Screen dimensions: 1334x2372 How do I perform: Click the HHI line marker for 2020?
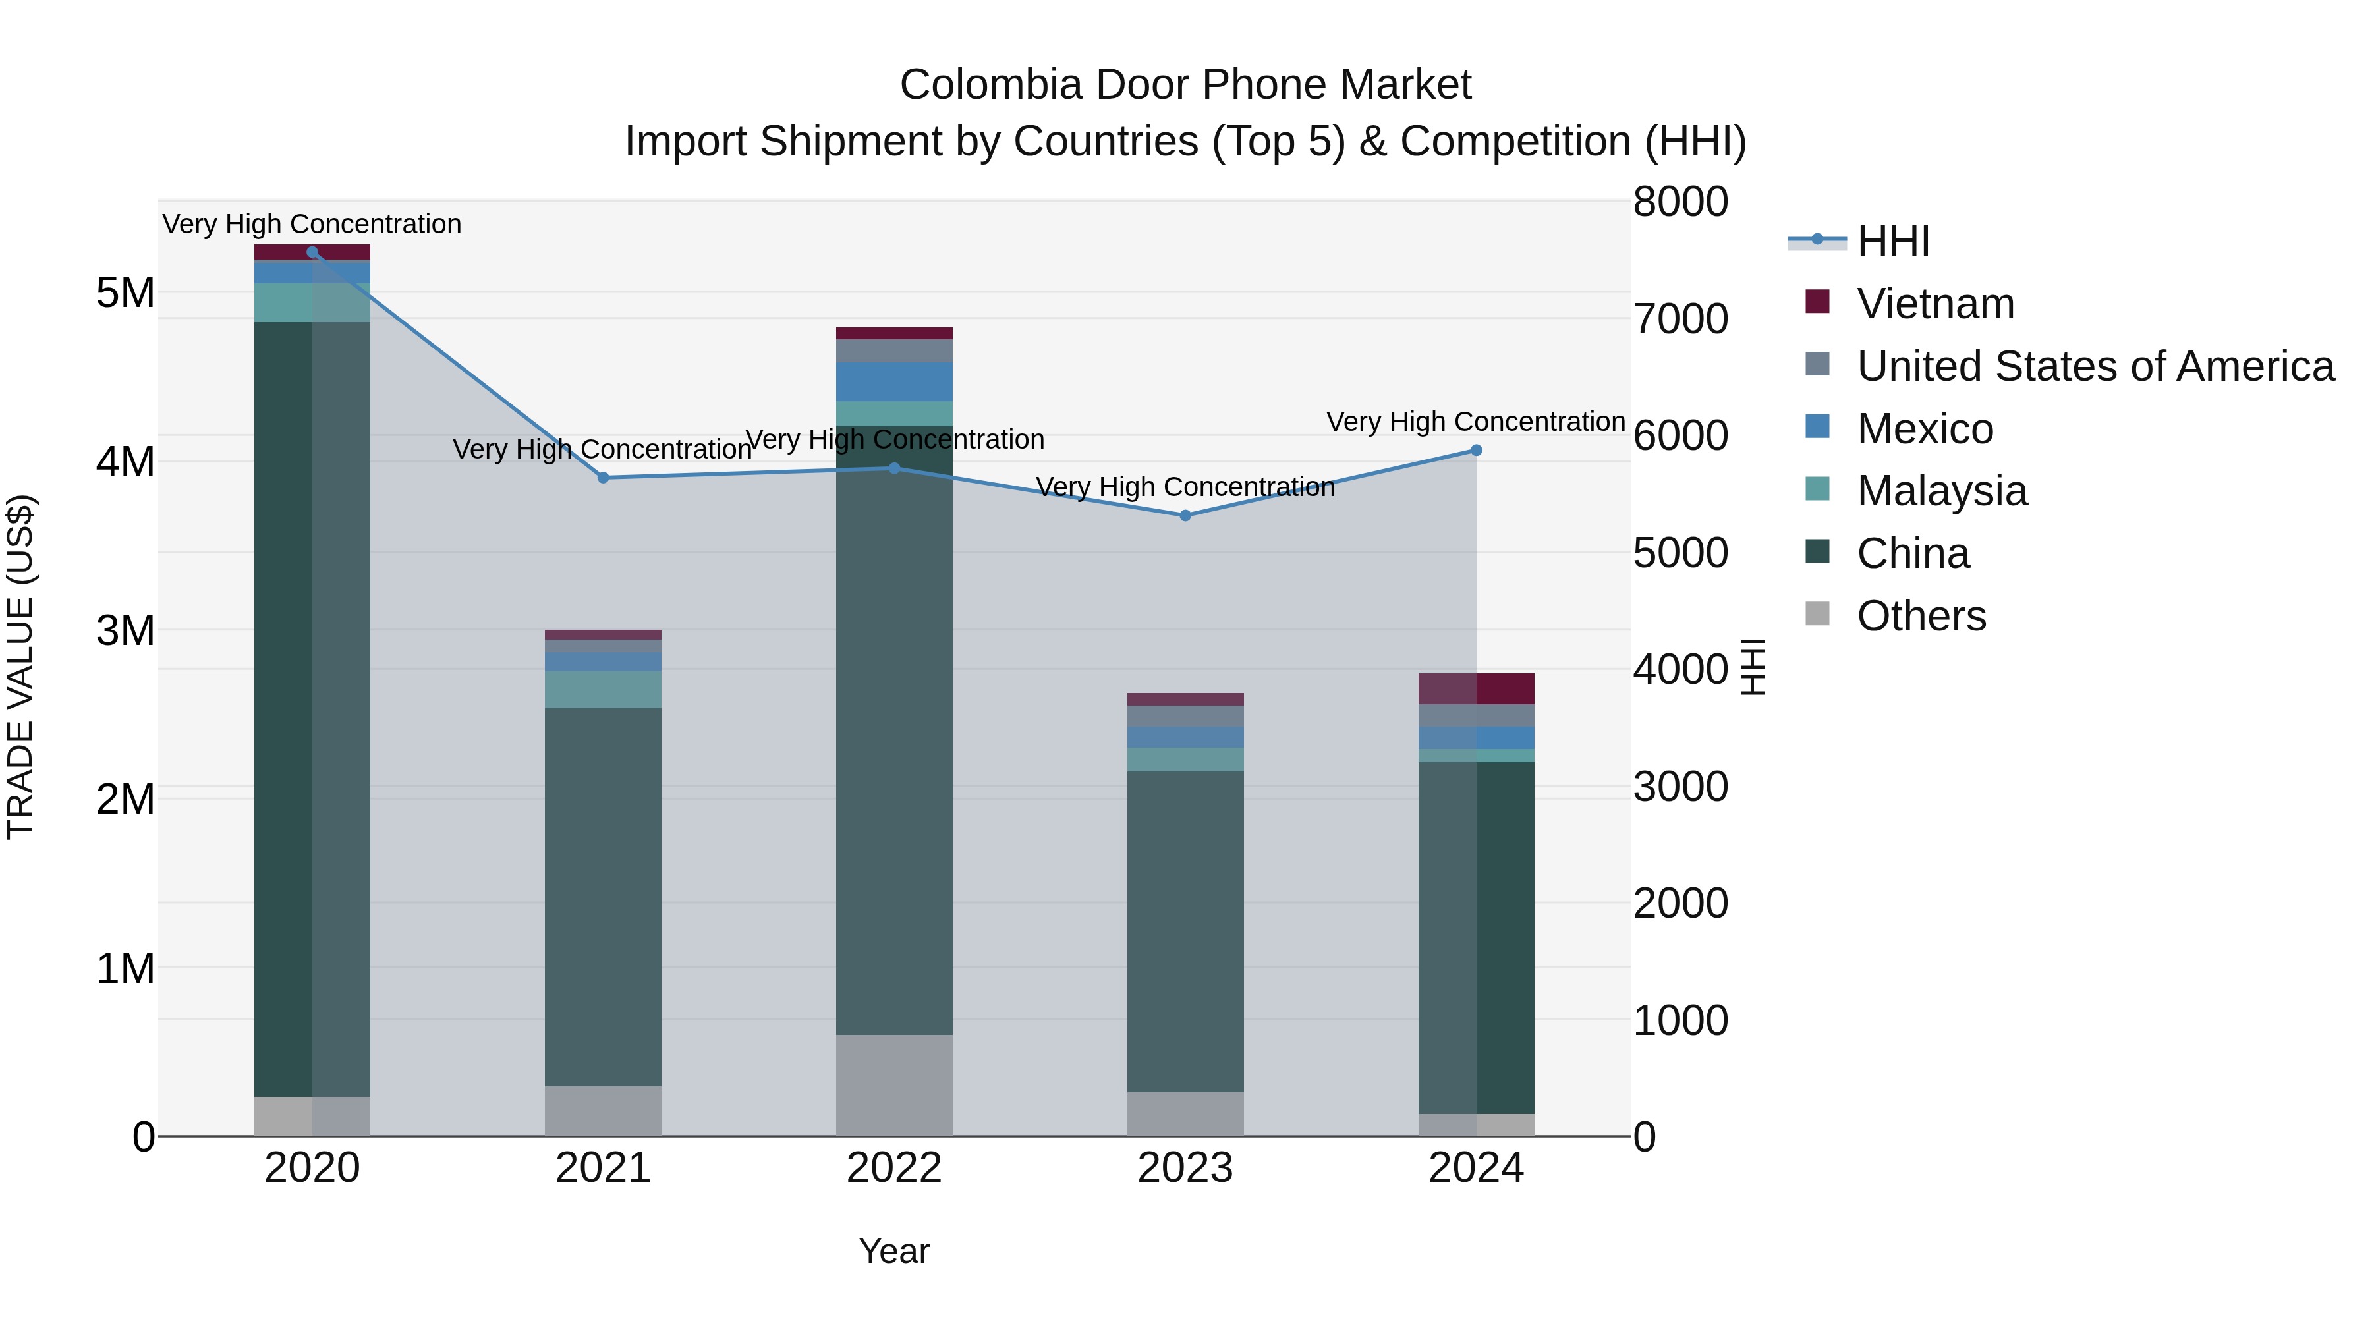coord(312,252)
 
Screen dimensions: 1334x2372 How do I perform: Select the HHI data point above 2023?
coord(1185,516)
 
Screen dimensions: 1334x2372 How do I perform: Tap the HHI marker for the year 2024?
coord(1476,450)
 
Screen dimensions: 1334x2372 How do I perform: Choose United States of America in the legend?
coord(2095,366)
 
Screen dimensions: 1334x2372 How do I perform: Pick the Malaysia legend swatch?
coord(1818,489)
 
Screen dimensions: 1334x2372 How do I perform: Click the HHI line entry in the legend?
coord(1892,241)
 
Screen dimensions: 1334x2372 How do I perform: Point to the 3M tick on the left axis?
coord(126,630)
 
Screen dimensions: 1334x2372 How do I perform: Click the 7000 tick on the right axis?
coord(1680,319)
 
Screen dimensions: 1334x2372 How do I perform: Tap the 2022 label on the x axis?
coord(894,1168)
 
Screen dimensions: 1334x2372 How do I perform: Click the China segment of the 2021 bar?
coord(603,898)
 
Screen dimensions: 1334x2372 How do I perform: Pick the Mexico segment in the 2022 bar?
coord(894,381)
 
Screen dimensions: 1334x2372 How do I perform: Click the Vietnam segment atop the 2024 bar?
coord(1476,688)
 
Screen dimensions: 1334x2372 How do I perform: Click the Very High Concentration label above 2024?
coord(1475,422)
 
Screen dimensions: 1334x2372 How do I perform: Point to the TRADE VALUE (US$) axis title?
coord(20,667)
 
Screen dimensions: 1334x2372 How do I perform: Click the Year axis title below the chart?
coord(894,1251)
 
